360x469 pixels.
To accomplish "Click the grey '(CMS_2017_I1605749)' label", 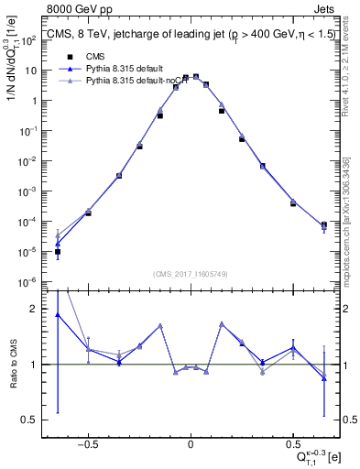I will (191, 274).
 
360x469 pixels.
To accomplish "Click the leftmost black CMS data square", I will (58, 251).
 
